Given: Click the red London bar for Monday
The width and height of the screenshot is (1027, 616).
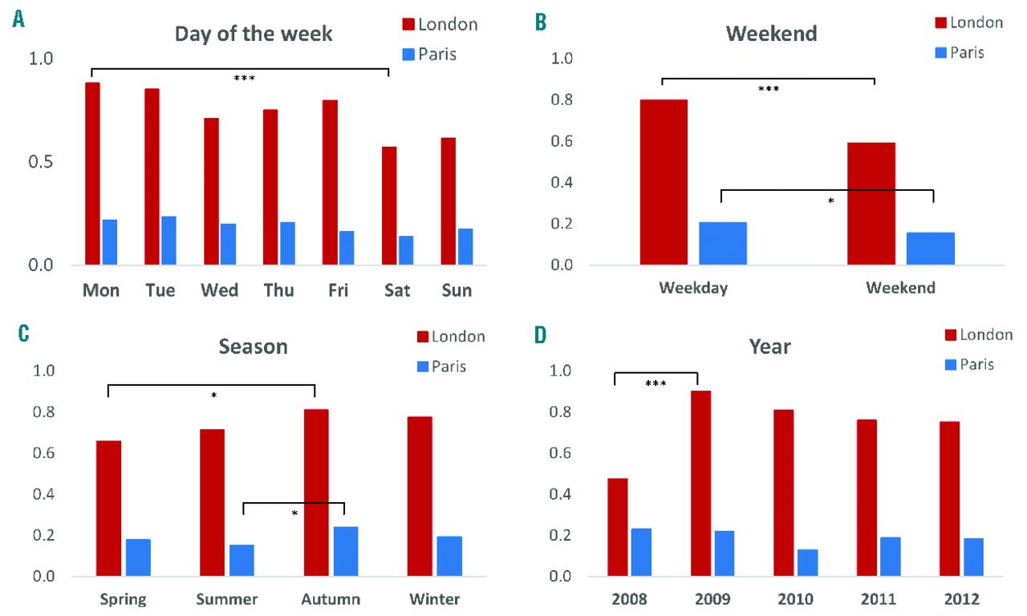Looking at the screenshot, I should (92, 173).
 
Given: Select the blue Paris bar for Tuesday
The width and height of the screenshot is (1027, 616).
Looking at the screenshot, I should (168, 241).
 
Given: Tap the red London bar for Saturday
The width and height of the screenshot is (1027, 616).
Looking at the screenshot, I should (389, 205).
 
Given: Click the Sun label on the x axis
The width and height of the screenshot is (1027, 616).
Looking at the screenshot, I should (457, 290).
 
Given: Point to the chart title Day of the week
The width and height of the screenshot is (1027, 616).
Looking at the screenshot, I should (254, 34).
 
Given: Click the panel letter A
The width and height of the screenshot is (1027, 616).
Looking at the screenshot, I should (18, 19).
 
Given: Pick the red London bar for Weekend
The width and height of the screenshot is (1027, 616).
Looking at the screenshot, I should (871, 204).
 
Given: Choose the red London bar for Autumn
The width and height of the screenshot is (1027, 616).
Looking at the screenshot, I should (317, 492).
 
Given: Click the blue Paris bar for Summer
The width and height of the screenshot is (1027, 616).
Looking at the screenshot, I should (242, 560).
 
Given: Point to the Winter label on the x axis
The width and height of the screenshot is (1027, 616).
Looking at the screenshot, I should (434, 599).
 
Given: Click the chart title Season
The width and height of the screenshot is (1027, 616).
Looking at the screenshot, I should (254, 346).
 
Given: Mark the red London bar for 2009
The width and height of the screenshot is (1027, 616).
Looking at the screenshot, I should (700, 484).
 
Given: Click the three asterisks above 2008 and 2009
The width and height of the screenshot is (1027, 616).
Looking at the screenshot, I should (656, 383).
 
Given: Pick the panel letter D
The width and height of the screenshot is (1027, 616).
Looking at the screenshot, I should (542, 333).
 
